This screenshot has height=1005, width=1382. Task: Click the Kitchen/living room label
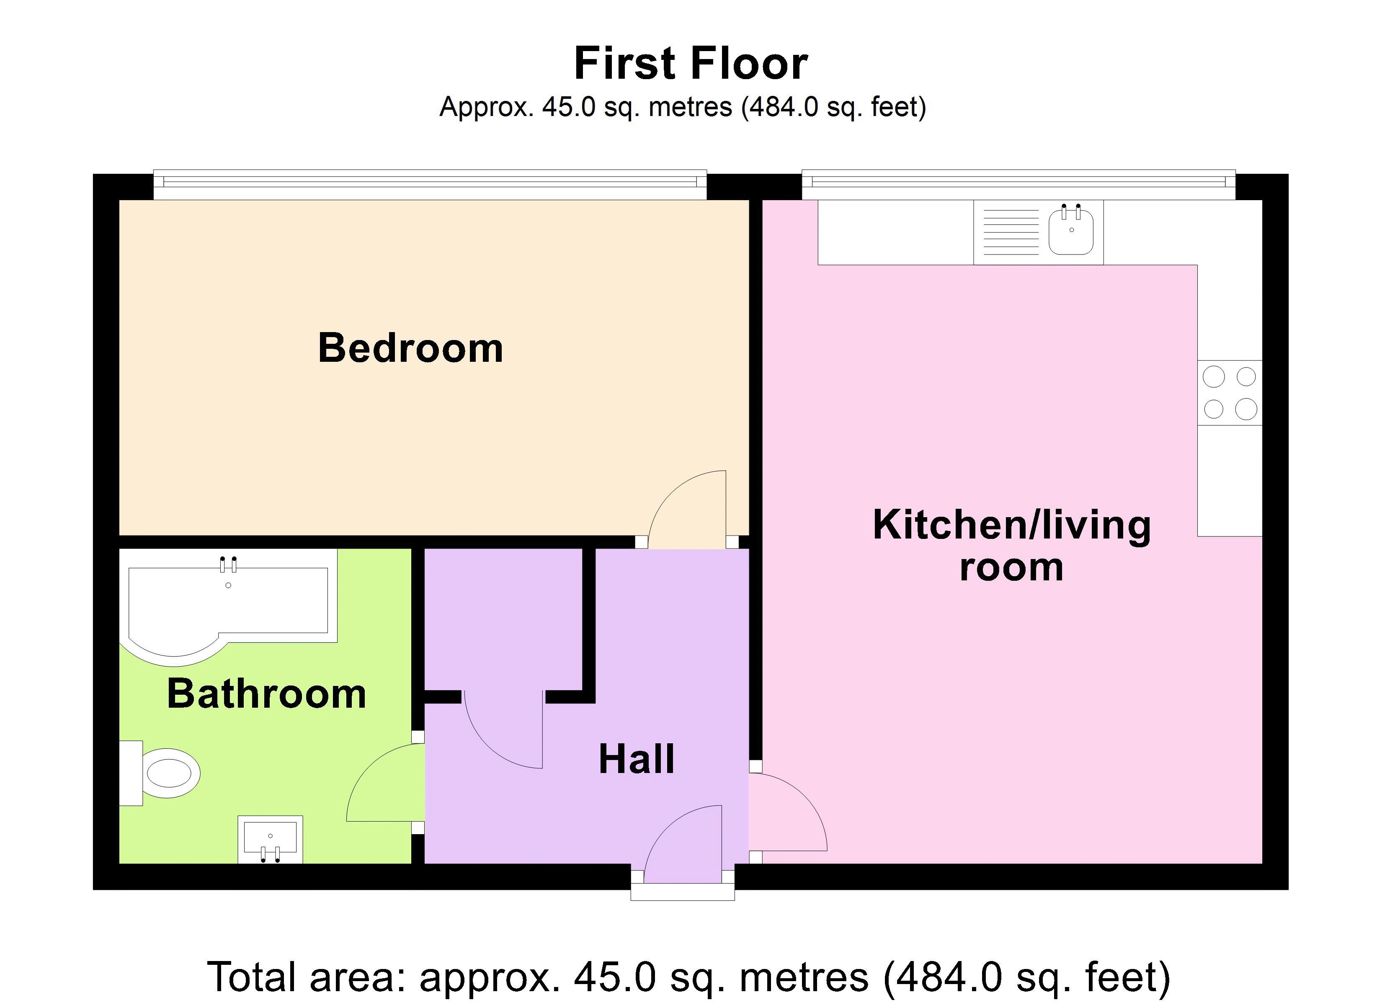pyautogui.click(x=1011, y=546)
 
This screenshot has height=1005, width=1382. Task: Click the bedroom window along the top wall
pyautogui.click(x=430, y=182)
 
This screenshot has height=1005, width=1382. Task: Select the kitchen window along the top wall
pyautogui.click(x=1018, y=182)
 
